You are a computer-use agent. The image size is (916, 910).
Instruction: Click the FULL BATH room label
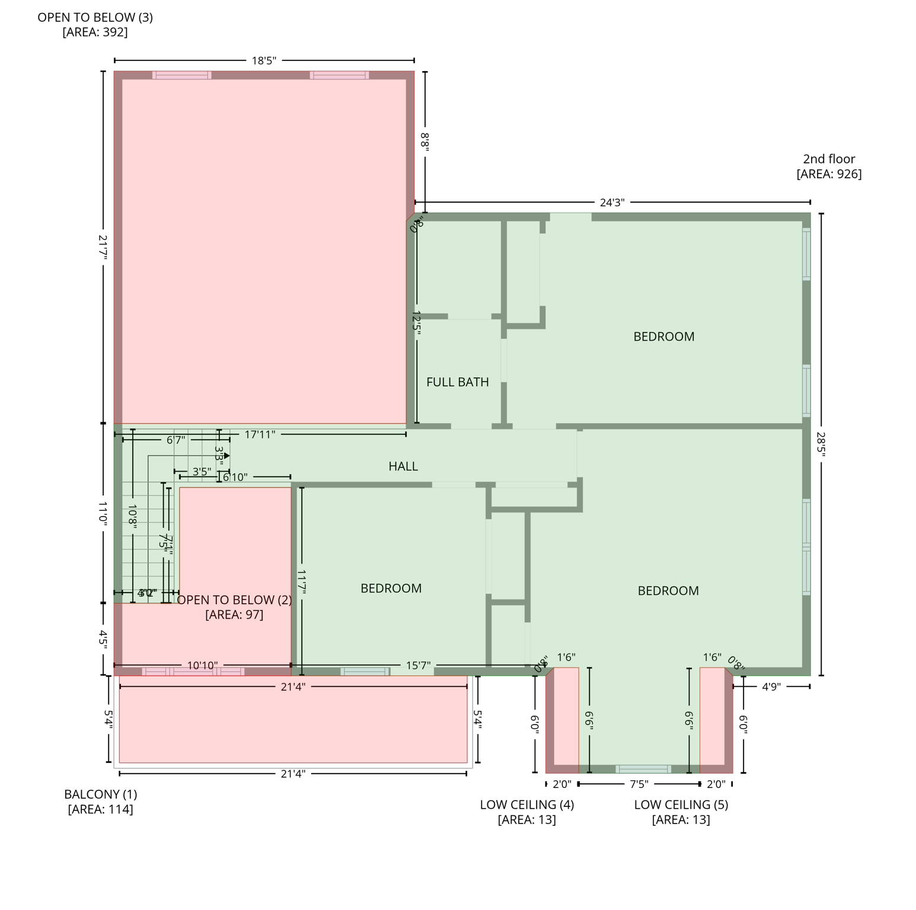(457, 382)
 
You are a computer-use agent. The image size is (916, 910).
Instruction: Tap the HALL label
(403, 466)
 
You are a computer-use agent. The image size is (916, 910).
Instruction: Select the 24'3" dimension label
(612, 203)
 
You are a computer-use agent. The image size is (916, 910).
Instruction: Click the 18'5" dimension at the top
(264, 60)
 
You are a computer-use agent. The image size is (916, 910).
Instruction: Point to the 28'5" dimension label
(821, 443)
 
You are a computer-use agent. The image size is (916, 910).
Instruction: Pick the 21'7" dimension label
(103, 247)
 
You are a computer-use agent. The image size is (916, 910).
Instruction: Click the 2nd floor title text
(829, 159)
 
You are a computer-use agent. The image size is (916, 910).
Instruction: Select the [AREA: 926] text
(829, 174)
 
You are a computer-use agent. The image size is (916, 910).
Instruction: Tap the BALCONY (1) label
(101, 794)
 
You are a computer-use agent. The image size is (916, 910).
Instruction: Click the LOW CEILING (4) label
(526, 805)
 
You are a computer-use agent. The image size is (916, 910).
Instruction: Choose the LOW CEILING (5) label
(681, 805)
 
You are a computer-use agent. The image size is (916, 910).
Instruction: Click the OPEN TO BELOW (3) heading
(95, 17)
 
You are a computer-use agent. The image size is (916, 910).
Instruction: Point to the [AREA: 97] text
(234, 614)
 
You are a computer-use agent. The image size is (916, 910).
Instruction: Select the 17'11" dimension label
(260, 434)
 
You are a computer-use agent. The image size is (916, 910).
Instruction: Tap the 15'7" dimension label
(418, 665)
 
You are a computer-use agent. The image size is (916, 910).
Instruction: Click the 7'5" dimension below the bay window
(639, 784)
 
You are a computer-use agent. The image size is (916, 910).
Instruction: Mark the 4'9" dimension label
(771, 687)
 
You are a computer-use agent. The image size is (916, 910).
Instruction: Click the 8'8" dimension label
(425, 142)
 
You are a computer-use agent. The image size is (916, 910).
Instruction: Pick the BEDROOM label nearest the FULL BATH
(663, 337)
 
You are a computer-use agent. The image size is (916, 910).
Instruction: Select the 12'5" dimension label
(417, 323)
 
